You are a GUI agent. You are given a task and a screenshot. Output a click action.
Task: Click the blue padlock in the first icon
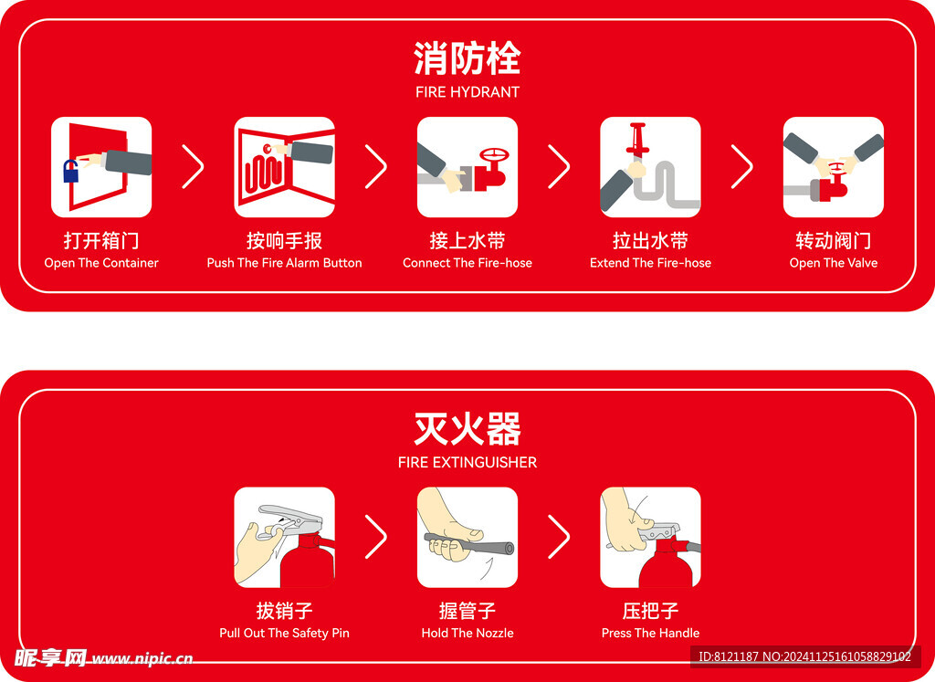(71, 171)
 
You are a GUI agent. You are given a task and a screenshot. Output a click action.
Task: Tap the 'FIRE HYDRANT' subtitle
(467, 92)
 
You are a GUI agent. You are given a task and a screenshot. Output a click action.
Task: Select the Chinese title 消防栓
(467, 58)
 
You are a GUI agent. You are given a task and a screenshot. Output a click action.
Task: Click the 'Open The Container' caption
(101, 263)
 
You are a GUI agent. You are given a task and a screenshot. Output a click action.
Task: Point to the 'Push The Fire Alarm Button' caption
(284, 263)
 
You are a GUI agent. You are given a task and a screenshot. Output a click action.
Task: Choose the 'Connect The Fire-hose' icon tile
(467, 167)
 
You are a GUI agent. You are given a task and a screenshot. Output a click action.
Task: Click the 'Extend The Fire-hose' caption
(650, 263)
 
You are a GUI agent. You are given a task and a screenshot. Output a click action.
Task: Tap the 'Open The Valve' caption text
(833, 263)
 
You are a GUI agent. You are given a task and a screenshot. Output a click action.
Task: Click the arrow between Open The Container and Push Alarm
(193, 166)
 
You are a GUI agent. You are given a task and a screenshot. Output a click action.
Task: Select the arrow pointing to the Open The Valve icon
(741, 166)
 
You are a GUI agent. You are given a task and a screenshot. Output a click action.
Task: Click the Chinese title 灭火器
(467, 428)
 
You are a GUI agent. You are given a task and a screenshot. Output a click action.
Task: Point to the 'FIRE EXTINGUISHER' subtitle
(467, 463)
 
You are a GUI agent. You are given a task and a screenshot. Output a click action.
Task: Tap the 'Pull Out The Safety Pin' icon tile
(284, 537)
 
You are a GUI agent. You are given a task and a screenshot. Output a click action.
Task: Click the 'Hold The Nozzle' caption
(467, 633)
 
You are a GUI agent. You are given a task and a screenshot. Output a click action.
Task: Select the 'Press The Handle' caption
(650, 633)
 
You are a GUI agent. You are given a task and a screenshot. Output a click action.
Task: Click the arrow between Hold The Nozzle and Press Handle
(559, 537)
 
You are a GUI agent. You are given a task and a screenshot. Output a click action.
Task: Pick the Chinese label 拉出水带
(650, 241)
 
